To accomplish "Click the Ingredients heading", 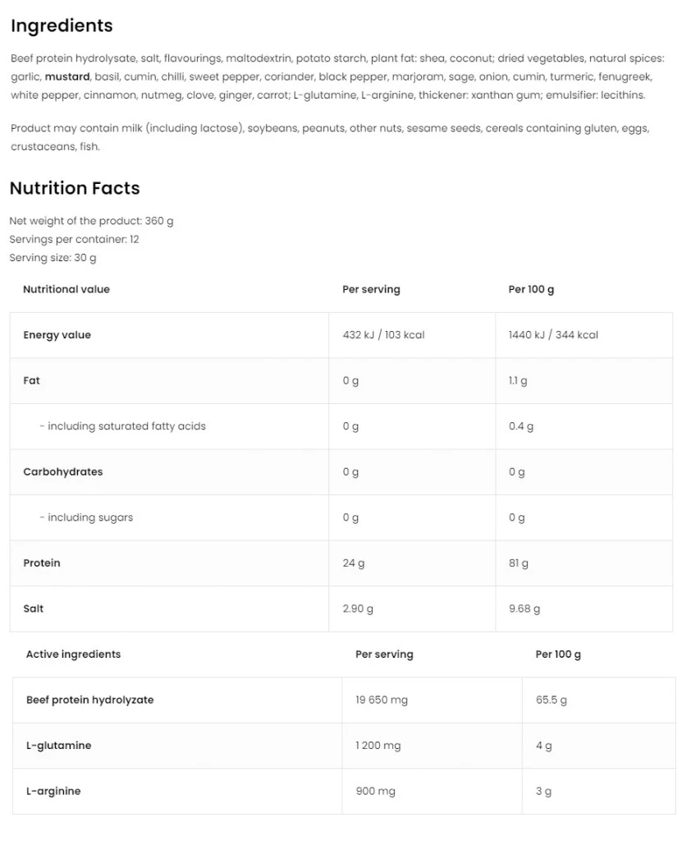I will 62,25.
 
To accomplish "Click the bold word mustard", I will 67,76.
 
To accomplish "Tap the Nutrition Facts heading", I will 75,188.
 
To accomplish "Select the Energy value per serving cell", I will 383,335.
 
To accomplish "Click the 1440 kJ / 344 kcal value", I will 553,335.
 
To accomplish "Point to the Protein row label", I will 42,563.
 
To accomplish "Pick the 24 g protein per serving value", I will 354,563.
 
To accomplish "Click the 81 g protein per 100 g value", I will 519,563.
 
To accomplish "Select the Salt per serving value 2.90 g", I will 358,609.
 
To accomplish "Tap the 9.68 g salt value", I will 524,609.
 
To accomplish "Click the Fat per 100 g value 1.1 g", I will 518,381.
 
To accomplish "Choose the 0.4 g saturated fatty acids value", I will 521,426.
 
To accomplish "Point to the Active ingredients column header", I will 73,655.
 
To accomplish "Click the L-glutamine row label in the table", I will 58,746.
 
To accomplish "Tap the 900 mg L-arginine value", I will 375,791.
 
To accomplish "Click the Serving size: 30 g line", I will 53,258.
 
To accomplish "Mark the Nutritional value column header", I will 66,289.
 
